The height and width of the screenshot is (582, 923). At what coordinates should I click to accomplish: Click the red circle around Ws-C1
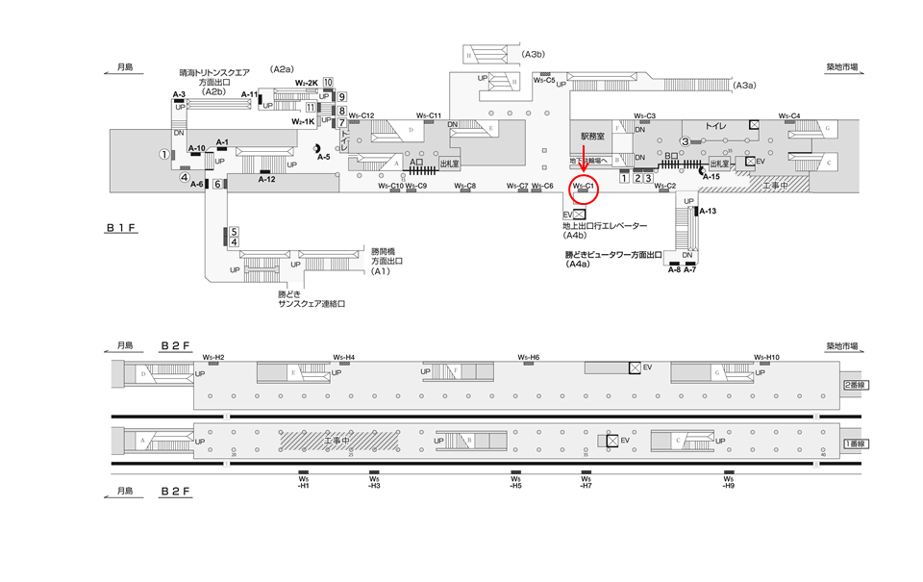[x=586, y=187]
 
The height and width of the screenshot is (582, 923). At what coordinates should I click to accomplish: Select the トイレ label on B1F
[x=715, y=126]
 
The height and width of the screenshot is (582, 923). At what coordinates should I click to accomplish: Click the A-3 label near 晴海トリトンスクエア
[x=179, y=94]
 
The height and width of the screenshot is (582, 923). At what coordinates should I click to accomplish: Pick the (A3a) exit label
[x=745, y=87]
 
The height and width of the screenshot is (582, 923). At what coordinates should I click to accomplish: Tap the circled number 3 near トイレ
[x=685, y=141]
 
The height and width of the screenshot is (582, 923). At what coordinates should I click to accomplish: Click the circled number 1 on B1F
[x=164, y=154]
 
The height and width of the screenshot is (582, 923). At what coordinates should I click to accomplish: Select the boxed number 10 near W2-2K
[x=328, y=83]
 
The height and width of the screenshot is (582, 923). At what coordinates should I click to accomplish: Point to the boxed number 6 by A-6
[x=218, y=184]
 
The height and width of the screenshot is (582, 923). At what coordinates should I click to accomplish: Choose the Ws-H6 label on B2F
[x=529, y=357]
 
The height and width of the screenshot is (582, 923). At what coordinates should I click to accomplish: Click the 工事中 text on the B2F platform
[x=337, y=440]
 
